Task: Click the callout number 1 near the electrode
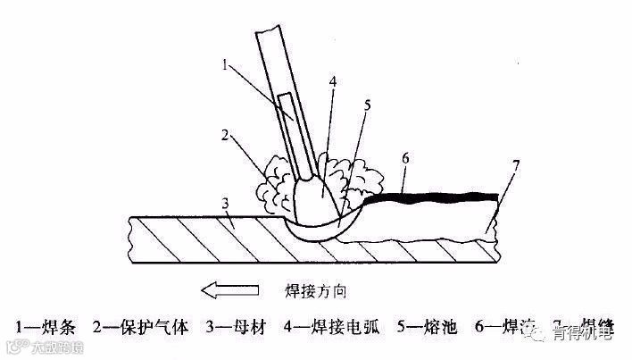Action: click(227, 64)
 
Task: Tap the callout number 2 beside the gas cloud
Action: click(228, 136)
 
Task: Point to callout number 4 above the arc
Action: click(332, 80)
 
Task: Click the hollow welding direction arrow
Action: click(228, 289)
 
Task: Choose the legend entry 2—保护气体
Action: click(139, 327)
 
